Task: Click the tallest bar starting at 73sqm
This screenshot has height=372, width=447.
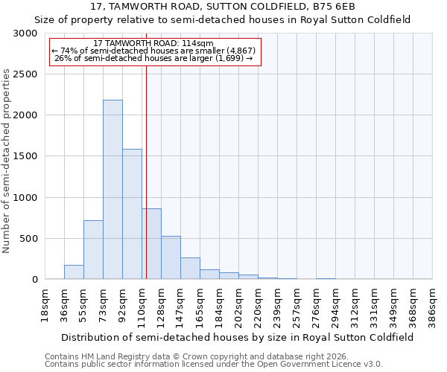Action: point(112,190)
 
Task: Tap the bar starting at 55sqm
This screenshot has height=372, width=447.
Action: point(93,250)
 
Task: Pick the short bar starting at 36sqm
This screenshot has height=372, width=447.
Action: point(74,272)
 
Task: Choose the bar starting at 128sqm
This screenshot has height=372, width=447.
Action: point(171,257)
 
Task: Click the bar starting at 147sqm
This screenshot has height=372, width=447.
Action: point(190,269)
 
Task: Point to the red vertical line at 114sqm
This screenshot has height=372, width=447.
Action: point(146,171)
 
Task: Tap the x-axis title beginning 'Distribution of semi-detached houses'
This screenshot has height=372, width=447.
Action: point(238,337)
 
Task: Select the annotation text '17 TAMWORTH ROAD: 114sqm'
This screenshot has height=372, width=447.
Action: point(154,44)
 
